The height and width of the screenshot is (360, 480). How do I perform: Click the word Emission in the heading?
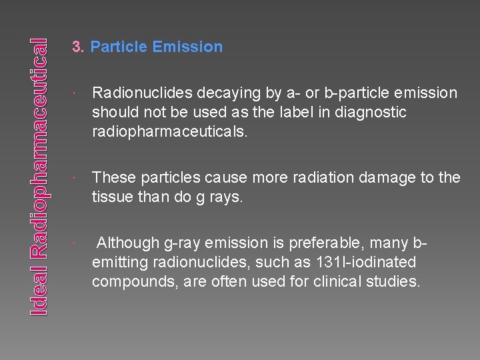point(187,47)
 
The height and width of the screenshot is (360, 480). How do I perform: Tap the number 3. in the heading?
point(78,47)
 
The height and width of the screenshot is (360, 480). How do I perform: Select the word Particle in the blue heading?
point(119,47)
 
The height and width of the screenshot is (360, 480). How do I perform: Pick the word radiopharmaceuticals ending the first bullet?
point(169,132)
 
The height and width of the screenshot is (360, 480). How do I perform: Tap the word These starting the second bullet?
point(113,177)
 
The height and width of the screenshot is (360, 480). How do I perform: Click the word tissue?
point(112,197)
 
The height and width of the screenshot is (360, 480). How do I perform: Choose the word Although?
point(128,243)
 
